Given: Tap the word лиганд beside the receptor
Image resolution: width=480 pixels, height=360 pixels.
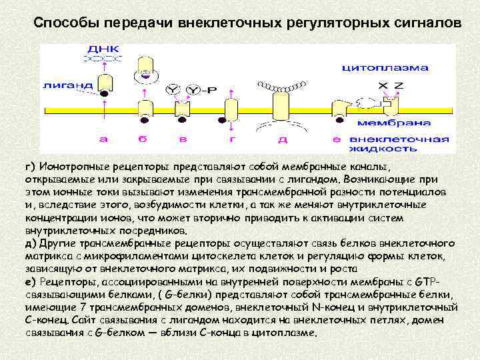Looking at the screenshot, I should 61,85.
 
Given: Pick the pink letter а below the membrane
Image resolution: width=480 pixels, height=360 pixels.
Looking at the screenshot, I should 103,139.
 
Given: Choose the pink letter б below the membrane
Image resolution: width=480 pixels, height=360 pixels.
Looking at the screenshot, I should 142,139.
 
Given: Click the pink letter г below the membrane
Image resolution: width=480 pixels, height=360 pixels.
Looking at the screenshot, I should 232,139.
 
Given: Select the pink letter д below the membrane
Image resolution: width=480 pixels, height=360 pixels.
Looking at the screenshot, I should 283,139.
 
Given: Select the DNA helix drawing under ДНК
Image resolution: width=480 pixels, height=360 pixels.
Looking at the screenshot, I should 99,60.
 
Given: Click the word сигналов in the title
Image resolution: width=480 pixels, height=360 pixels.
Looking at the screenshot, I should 425,23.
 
